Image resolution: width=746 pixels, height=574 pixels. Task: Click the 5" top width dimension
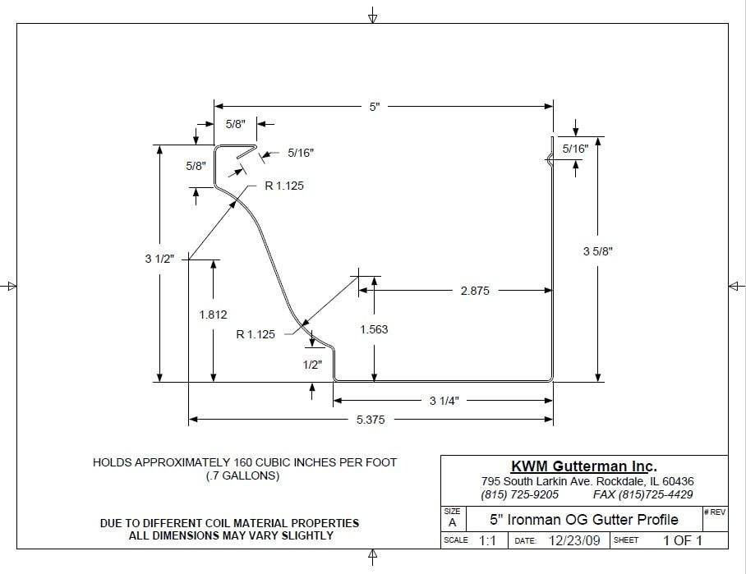[374, 107]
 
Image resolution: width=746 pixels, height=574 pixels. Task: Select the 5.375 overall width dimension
[370, 420]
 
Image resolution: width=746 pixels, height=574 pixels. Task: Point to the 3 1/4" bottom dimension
[444, 401]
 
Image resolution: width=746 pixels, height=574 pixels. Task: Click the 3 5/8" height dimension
[598, 250]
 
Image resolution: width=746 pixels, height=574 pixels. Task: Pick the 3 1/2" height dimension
[159, 259]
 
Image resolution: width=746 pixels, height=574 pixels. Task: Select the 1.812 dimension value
[213, 315]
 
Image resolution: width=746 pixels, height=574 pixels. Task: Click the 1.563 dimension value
[374, 329]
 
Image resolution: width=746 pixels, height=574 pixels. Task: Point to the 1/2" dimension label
[312, 365]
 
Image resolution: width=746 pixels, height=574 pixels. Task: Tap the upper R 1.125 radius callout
[283, 186]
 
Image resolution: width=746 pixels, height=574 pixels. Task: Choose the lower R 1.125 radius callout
[256, 334]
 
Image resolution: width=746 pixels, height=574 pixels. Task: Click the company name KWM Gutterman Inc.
[584, 466]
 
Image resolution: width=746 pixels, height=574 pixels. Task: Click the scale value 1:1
[487, 540]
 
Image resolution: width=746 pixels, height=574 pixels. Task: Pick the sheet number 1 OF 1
[682, 540]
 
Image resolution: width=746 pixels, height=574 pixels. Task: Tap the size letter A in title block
[451, 522]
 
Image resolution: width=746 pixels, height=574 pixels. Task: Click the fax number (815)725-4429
[642, 494]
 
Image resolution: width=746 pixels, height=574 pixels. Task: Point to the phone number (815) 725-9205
[519, 494]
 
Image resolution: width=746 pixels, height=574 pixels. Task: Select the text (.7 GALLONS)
[245, 475]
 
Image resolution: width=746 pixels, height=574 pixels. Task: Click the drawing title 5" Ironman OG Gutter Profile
[584, 519]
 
